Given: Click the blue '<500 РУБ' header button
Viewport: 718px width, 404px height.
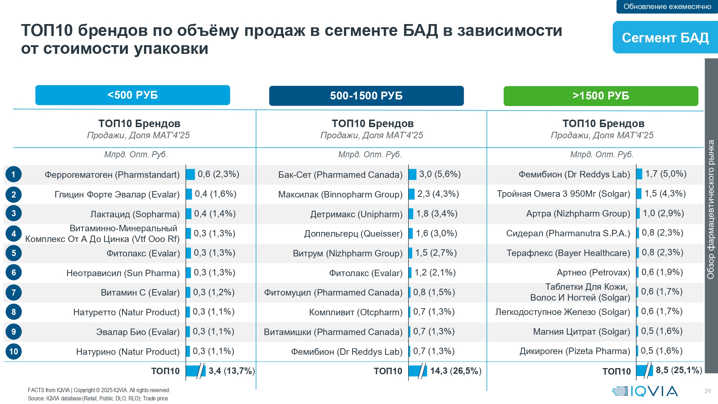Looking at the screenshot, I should point(132,95).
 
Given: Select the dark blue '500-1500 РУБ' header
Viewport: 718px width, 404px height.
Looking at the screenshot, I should point(366,96).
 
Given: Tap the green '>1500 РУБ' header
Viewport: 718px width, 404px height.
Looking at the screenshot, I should point(601,96).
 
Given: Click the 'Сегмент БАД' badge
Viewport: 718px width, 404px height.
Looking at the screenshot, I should point(665,37).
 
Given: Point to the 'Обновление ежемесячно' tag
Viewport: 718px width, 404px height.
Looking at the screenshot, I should point(667,6).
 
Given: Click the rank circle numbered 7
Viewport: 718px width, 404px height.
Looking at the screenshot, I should point(14,292).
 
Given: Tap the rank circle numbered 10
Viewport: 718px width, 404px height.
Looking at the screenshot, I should point(14,352).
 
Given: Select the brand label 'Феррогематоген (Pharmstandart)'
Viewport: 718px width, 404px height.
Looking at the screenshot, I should point(112,175).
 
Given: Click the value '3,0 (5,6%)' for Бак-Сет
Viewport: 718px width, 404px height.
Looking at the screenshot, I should point(440,174).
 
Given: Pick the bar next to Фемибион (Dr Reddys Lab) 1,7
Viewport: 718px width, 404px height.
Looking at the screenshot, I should point(639,174).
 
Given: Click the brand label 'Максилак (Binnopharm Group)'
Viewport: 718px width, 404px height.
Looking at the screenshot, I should point(340,195).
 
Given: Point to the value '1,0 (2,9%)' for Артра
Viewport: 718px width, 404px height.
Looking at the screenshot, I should point(663,213).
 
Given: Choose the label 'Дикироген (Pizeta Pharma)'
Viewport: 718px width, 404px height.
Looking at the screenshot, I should point(575,351).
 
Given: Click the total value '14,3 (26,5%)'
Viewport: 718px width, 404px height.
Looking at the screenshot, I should point(456,371).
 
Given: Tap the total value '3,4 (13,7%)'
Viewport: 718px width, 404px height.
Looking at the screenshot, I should point(232,371).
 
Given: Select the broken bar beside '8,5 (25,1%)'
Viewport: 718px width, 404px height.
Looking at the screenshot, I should point(644,370).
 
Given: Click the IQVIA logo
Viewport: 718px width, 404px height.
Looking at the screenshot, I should point(645,391).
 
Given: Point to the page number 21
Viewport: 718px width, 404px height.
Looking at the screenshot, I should point(708,391).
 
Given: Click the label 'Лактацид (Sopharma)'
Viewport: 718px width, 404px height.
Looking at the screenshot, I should point(135,214).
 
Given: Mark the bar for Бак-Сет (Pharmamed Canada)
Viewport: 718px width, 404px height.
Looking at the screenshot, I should point(412,175).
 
